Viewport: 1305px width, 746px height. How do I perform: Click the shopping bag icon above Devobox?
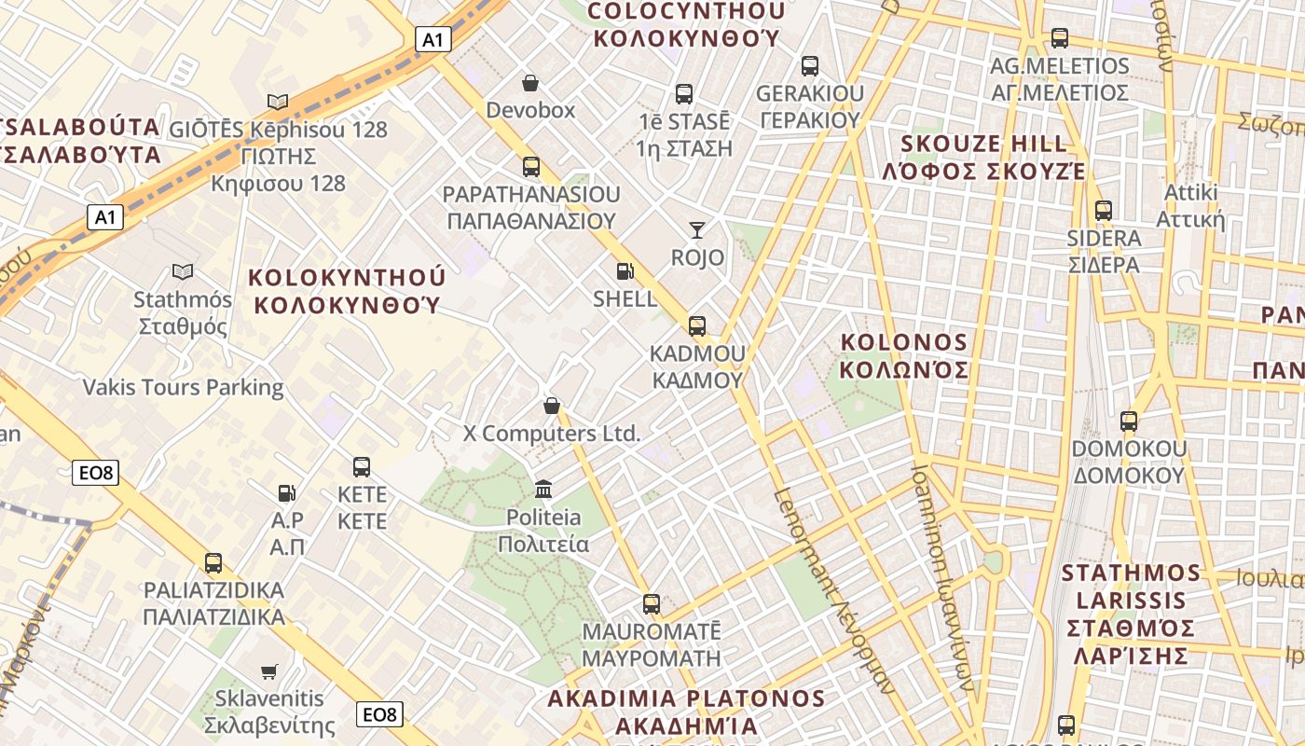530,84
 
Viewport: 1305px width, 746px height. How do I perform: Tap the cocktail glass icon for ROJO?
697,229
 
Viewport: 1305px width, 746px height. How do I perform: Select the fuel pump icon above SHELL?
625,271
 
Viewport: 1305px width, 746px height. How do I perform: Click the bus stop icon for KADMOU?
697,325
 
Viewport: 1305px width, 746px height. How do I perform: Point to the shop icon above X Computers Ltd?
552,406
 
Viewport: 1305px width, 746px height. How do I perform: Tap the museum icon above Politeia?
543,489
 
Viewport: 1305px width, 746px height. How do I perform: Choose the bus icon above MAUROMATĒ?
652,603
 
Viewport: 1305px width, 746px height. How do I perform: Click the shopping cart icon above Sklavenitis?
269,670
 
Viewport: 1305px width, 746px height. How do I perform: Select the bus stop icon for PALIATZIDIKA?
213,562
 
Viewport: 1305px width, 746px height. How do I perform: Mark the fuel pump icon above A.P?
287,492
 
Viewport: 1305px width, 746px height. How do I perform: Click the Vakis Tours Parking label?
184,387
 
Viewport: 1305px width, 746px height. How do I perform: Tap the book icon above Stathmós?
183,271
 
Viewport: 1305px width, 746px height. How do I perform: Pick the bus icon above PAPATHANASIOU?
530,167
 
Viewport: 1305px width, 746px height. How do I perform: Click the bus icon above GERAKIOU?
810,66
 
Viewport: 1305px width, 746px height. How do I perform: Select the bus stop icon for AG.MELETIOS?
1060,38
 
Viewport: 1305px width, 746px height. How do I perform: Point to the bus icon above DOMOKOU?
1129,421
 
